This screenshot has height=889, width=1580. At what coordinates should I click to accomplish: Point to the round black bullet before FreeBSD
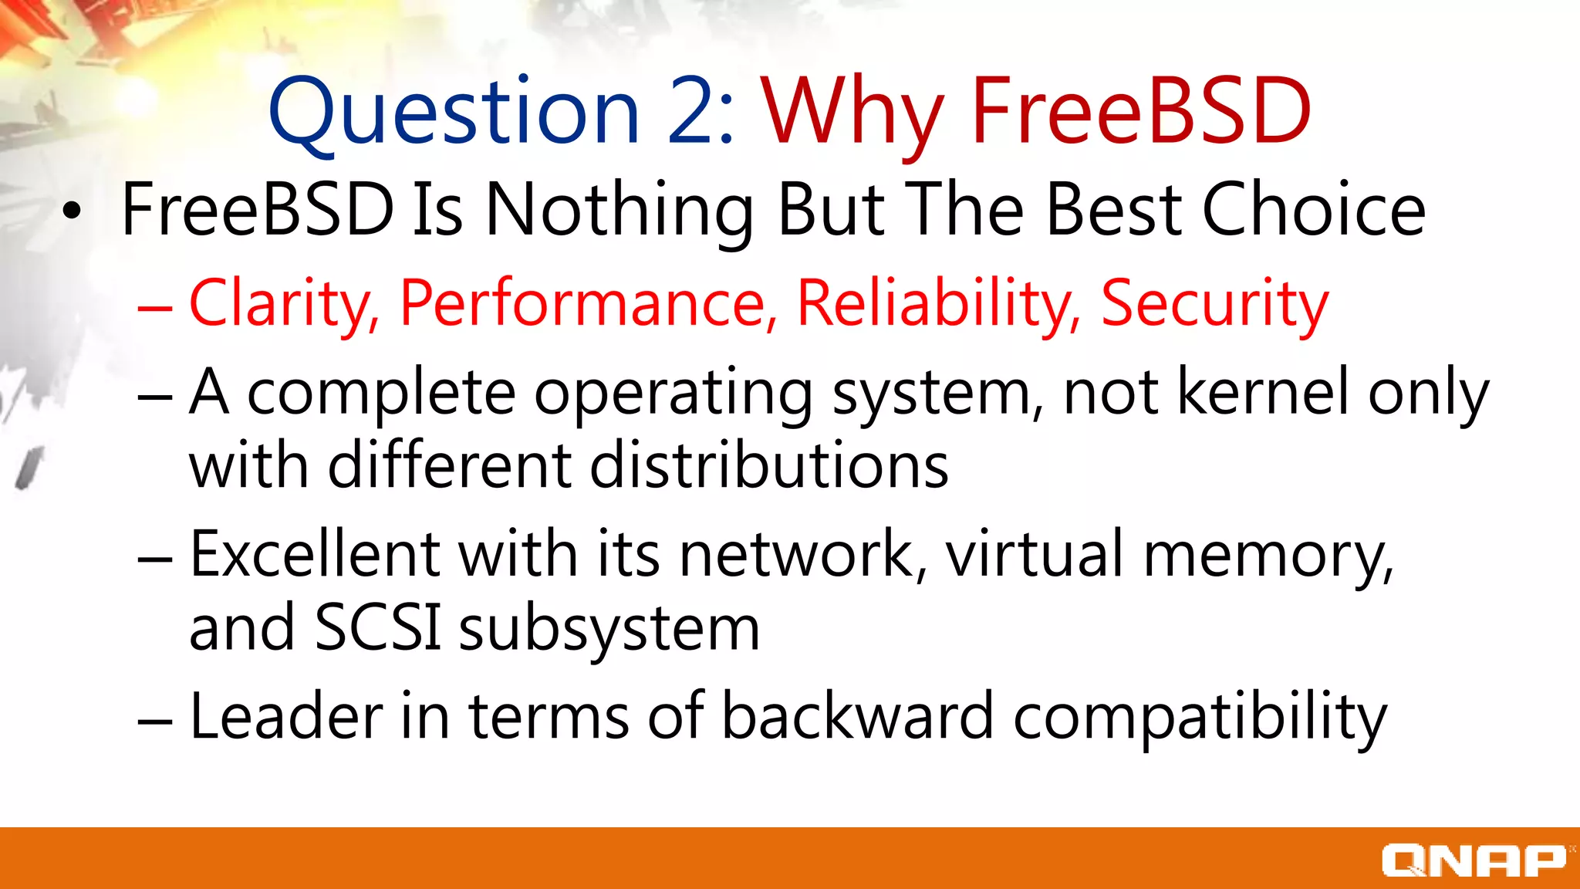(72, 211)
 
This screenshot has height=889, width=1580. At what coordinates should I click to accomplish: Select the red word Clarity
(282, 304)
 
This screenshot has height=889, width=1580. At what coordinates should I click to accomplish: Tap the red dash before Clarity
(154, 307)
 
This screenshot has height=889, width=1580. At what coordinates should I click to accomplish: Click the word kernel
(1262, 392)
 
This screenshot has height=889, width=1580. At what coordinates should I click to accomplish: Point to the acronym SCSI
(378, 627)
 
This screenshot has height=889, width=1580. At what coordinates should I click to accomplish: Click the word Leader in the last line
(286, 716)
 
